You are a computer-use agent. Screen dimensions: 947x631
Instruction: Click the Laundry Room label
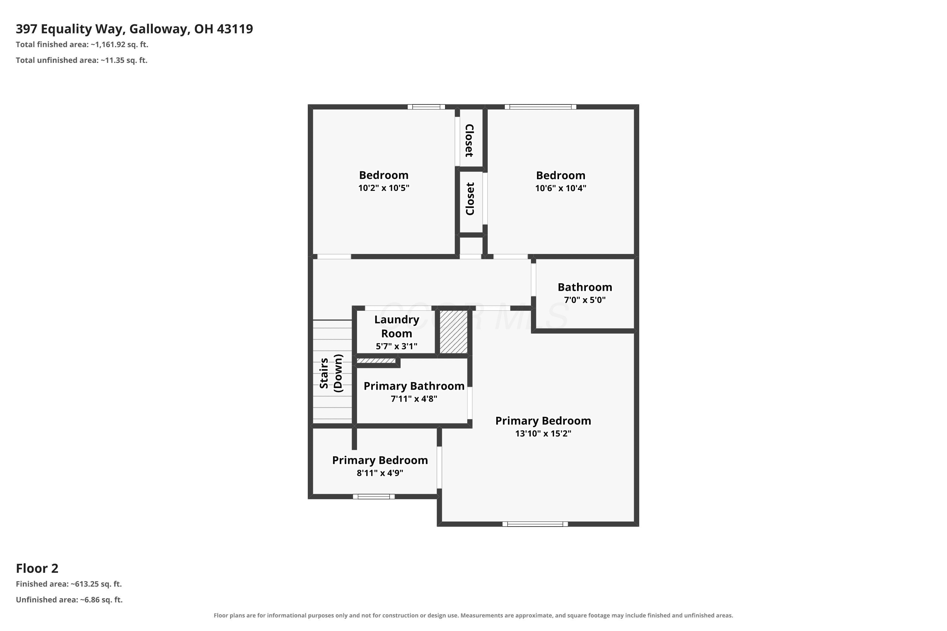click(396, 326)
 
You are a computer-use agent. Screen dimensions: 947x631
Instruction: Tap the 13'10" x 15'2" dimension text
click(543, 433)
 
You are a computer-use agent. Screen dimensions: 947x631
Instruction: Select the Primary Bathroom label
click(414, 386)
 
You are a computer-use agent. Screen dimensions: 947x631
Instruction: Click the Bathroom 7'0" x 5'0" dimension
click(585, 300)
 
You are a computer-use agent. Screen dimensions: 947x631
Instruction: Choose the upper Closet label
click(469, 140)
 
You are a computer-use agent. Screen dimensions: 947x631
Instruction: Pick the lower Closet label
click(470, 199)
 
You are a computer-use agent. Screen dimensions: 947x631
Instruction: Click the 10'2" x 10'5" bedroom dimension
click(384, 188)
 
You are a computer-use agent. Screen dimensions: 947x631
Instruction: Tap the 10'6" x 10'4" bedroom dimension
click(561, 188)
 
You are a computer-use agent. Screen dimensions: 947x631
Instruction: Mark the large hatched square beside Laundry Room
click(453, 332)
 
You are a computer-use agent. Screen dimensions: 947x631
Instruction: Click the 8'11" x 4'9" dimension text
click(380, 473)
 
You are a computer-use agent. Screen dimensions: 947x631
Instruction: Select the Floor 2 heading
click(37, 568)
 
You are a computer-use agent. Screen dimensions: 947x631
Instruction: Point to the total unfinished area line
click(82, 60)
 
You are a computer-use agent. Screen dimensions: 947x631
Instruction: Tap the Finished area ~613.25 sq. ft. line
click(69, 584)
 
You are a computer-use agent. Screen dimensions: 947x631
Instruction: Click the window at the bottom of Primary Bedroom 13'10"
click(535, 524)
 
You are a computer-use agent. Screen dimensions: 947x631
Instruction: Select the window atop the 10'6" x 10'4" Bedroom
click(540, 107)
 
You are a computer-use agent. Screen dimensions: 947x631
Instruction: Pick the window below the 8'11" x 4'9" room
click(374, 497)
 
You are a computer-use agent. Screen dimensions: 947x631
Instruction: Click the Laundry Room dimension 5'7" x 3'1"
click(396, 346)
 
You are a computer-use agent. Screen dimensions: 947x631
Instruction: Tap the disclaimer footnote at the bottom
click(473, 615)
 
